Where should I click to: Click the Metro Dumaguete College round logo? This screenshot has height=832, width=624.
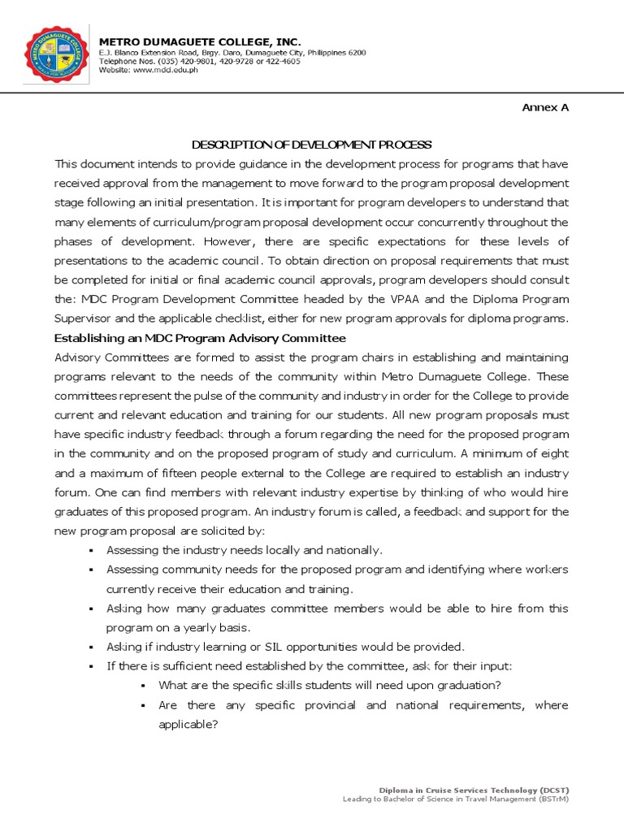pyautogui.click(x=56, y=55)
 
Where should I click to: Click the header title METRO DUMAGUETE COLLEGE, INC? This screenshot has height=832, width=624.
pyautogui.click(x=200, y=41)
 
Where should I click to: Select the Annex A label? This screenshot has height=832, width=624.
pyautogui.click(x=545, y=107)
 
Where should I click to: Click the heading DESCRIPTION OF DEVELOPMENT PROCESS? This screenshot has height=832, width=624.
pyautogui.click(x=311, y=145)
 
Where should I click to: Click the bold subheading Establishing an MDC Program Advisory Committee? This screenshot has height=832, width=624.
pyautogui.click(x=200, y=338)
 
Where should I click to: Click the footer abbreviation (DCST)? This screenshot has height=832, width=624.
pyautogui.click(x=553, y=790)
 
